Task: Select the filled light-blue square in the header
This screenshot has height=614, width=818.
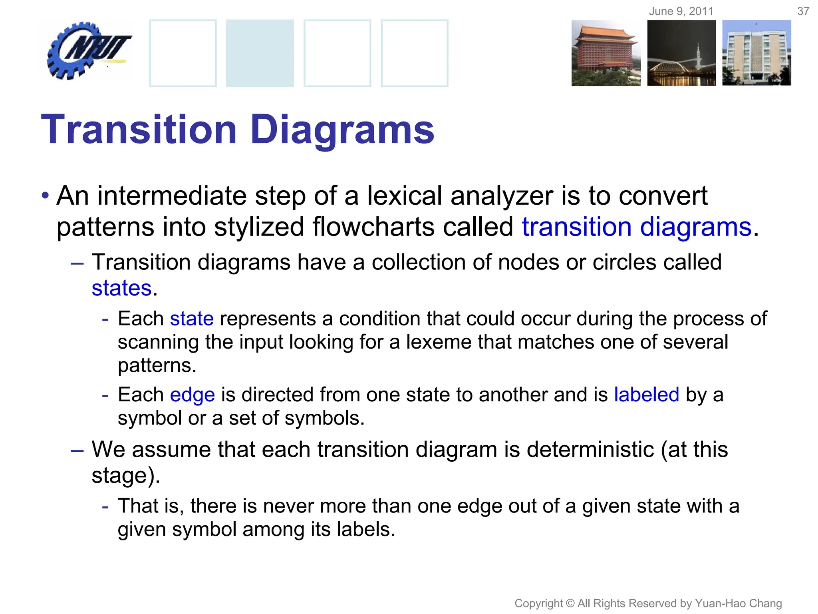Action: [x=260, y=53]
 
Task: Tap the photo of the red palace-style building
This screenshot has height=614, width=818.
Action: [x=606, y=53]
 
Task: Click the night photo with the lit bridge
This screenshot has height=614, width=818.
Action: [x=681, y=53]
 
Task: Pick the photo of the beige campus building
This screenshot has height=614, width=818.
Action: [x=756, y=53]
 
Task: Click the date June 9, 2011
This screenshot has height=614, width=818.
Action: [x=681, y=11]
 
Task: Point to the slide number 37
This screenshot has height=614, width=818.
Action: [x=803, y=11]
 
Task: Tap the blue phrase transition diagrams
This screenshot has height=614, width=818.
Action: [x=637, y=227]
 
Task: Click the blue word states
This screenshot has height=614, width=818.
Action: [x=122, y=288]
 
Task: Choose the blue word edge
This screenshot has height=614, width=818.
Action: [x=193, y=395]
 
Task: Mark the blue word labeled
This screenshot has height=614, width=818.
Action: [x=646, y=395]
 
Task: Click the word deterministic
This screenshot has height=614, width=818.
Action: [x=590, y=449]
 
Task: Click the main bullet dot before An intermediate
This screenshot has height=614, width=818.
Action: [x=46, y=196]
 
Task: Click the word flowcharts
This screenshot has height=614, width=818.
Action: [x=374, y=227]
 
